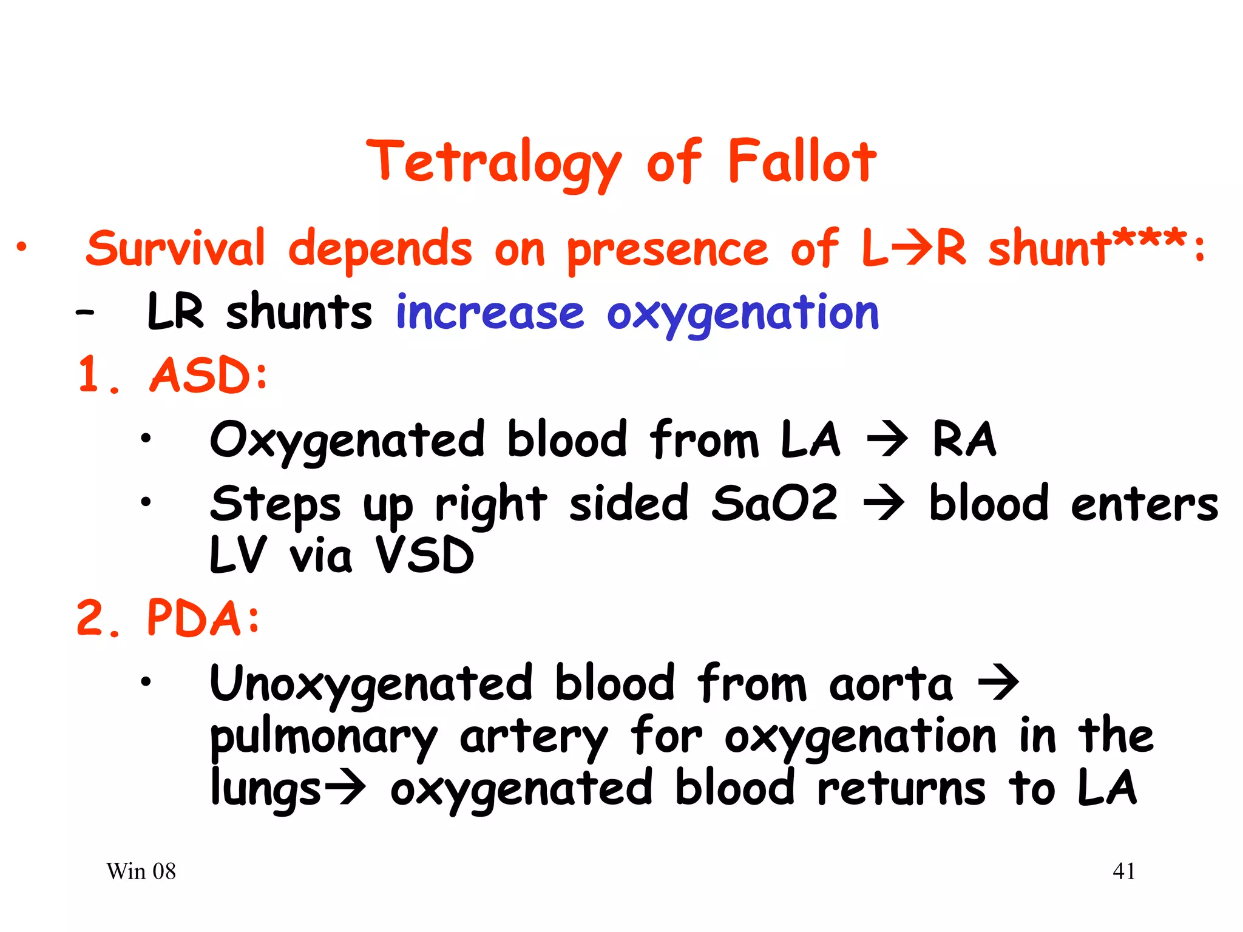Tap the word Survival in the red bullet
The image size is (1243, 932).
[x=176, y=249]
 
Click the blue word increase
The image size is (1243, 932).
[x=489, y=313]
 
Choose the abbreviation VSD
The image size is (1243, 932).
[x=424, y=555]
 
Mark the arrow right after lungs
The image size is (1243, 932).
[x=345, y=788]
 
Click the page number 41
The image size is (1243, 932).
[x=1123, y=871]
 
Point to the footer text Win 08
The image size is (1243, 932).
[x=141, y=871]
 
